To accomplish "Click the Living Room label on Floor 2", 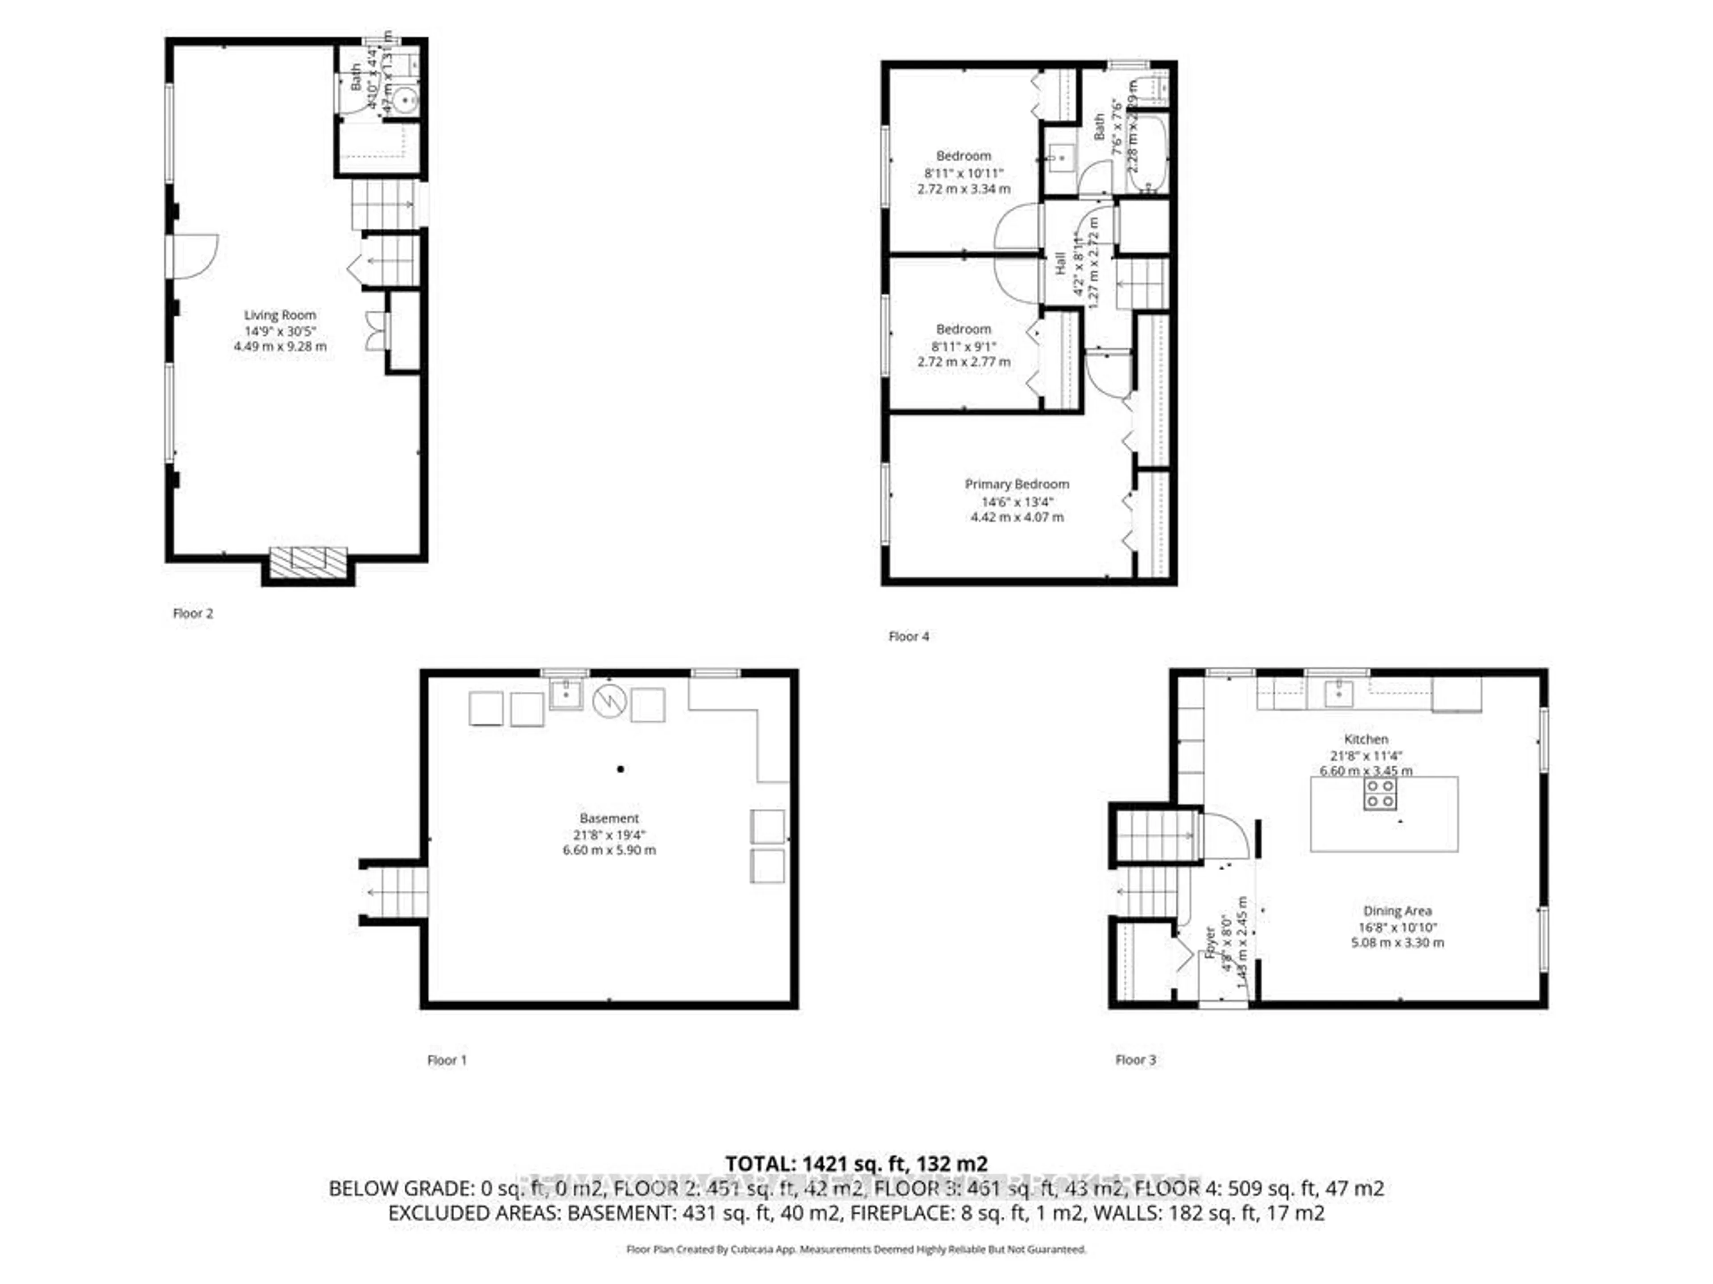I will (x=280, y=315).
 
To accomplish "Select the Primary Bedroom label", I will (x=1017, y=485).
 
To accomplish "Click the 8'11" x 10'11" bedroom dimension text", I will (x=964, y=173).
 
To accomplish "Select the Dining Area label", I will (x=1397, y=911).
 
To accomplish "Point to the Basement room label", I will (x=609, y=818).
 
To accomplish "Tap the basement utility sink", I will (x=566, y=693).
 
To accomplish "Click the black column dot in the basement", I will (x=621, y=770).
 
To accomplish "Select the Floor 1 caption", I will (x=447, y=1060).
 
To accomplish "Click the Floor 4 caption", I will (x=908, y=636).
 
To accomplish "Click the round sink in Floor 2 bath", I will (x=403, y=100).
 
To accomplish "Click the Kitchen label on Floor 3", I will (x=1365, y=739).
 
